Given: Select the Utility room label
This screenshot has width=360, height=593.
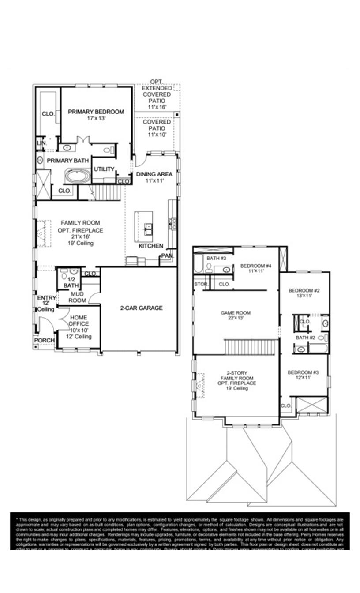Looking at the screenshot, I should (x=104, y=169).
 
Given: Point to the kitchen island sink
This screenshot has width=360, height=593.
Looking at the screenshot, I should (x=148, y=229).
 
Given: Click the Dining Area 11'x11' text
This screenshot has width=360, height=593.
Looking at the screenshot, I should (x=154, y=177).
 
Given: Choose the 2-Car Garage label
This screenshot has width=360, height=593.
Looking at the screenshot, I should (x=142, y=308).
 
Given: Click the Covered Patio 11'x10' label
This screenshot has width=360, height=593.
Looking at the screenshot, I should (x=157, y=128).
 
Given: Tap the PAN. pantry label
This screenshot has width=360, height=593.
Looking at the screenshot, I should (x=167, y=255).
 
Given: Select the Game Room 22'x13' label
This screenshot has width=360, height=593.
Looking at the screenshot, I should (x=236, y=315).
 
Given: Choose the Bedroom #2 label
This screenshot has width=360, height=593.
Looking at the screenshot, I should (x=304, y=293).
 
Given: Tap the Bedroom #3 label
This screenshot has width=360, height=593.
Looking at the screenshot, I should (x=303, y=375).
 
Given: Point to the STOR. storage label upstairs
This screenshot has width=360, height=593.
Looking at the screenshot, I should (x=201, y=284).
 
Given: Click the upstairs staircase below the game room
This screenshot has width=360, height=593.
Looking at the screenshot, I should (x=251, y=346).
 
